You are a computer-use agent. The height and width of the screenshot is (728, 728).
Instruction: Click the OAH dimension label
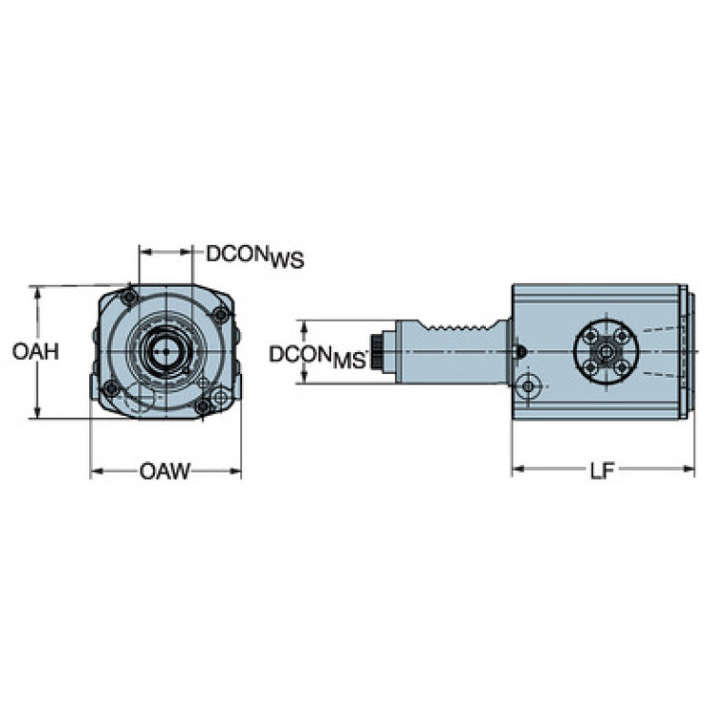tap(36, 351)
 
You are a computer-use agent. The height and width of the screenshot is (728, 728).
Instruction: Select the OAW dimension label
tap(165, 471)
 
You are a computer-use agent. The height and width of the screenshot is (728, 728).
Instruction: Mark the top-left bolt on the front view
tap(130, 298)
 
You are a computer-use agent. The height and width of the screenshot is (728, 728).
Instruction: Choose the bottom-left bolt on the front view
tap(111, 387)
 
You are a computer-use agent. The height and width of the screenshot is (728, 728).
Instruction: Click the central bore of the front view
tap(164, 351)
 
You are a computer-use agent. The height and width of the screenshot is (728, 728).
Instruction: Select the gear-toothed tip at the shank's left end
tap(380, 352)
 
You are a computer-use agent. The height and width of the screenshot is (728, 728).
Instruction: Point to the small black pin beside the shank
tap(520, 352)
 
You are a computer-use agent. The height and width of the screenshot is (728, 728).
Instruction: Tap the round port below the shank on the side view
tap(531, 385)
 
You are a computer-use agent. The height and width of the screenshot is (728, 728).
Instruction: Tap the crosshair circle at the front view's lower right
tap(220, 396)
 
